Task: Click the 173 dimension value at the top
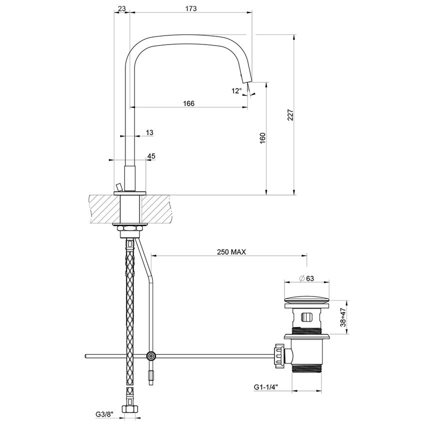(x=190, y=8)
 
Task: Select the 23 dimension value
(x=121, y=8)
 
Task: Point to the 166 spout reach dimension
(x=188, y=103)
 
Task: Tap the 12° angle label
(x=236, y=90)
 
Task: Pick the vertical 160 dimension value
(x=263, y=137)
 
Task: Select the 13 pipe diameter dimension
(x=149, y=132)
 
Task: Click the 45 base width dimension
(x=151, y=156)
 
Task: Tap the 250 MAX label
(x=231, y=252)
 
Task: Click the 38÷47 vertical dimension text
(x=343, y=317)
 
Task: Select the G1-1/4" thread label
(x=266, y=387)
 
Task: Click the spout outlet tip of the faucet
(x=246, y=78)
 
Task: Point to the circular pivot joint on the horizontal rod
(x=150, y=356)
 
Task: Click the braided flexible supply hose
(x=130, y=310)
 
